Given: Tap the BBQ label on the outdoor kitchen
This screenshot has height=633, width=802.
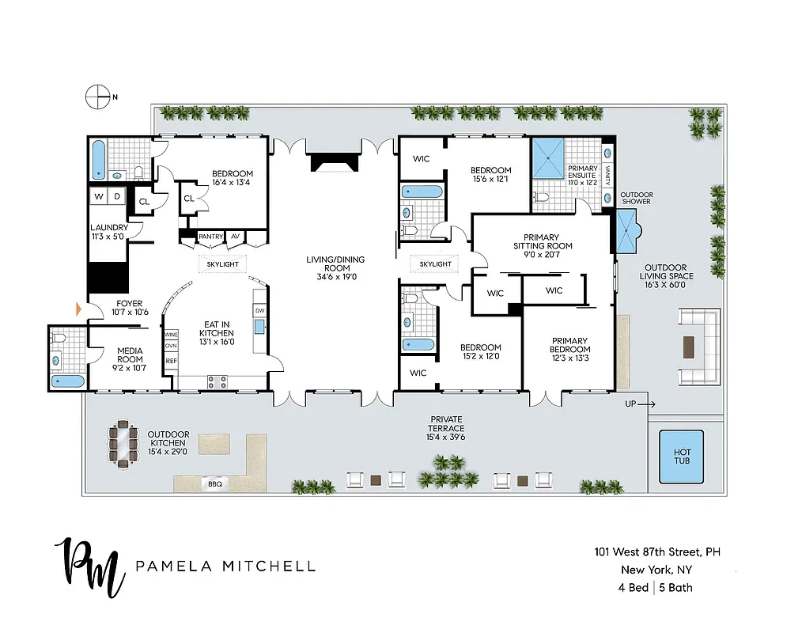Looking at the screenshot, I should [214, 483].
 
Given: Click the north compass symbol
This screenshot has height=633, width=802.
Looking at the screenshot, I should [97, 97].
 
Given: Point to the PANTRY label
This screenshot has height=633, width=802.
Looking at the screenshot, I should [210, 237].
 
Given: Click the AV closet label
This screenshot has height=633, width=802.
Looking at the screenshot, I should [236, 237].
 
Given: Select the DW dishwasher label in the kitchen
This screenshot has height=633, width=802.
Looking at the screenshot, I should [259, 310].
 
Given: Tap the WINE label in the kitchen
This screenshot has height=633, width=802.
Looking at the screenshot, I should [171, 335].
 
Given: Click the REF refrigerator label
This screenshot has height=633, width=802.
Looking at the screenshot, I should [171, 361].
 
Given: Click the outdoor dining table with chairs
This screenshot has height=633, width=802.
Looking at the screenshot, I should [122, 444].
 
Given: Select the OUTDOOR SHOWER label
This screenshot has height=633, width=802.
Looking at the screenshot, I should [635, 197].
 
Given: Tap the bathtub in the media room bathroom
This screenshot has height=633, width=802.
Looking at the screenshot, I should [67, 381].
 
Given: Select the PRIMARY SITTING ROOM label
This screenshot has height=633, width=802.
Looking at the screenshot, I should [541, 245].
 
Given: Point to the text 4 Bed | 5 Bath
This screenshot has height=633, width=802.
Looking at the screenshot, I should [655, 587].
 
